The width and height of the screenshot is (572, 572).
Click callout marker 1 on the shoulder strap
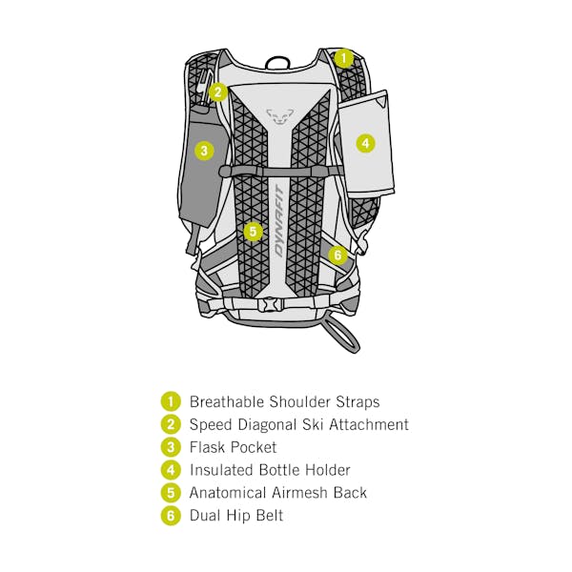point(344,57)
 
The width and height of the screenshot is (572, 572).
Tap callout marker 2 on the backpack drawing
point(217,92)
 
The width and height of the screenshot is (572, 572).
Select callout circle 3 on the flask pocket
point(204,150)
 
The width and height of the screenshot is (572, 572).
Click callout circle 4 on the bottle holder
point(365,144)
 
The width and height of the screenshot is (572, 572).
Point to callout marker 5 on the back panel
point(252,231)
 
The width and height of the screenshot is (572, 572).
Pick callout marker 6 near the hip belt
point(337,255)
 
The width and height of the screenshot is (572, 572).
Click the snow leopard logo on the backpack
point(277,115)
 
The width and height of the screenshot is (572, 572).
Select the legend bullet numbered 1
point(170,401)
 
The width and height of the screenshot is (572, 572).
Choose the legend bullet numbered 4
point(170,470)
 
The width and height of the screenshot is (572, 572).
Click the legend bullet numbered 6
point(170,516)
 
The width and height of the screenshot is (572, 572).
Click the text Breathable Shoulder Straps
point(284,401)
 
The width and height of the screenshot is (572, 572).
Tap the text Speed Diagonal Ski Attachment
point(298,424)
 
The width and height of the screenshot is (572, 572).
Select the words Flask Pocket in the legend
point(233,447)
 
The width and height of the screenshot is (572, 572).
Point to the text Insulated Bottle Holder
point(270,470)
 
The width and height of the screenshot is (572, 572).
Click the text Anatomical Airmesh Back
point(277,493)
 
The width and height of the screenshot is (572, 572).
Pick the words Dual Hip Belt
point(235,516)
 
